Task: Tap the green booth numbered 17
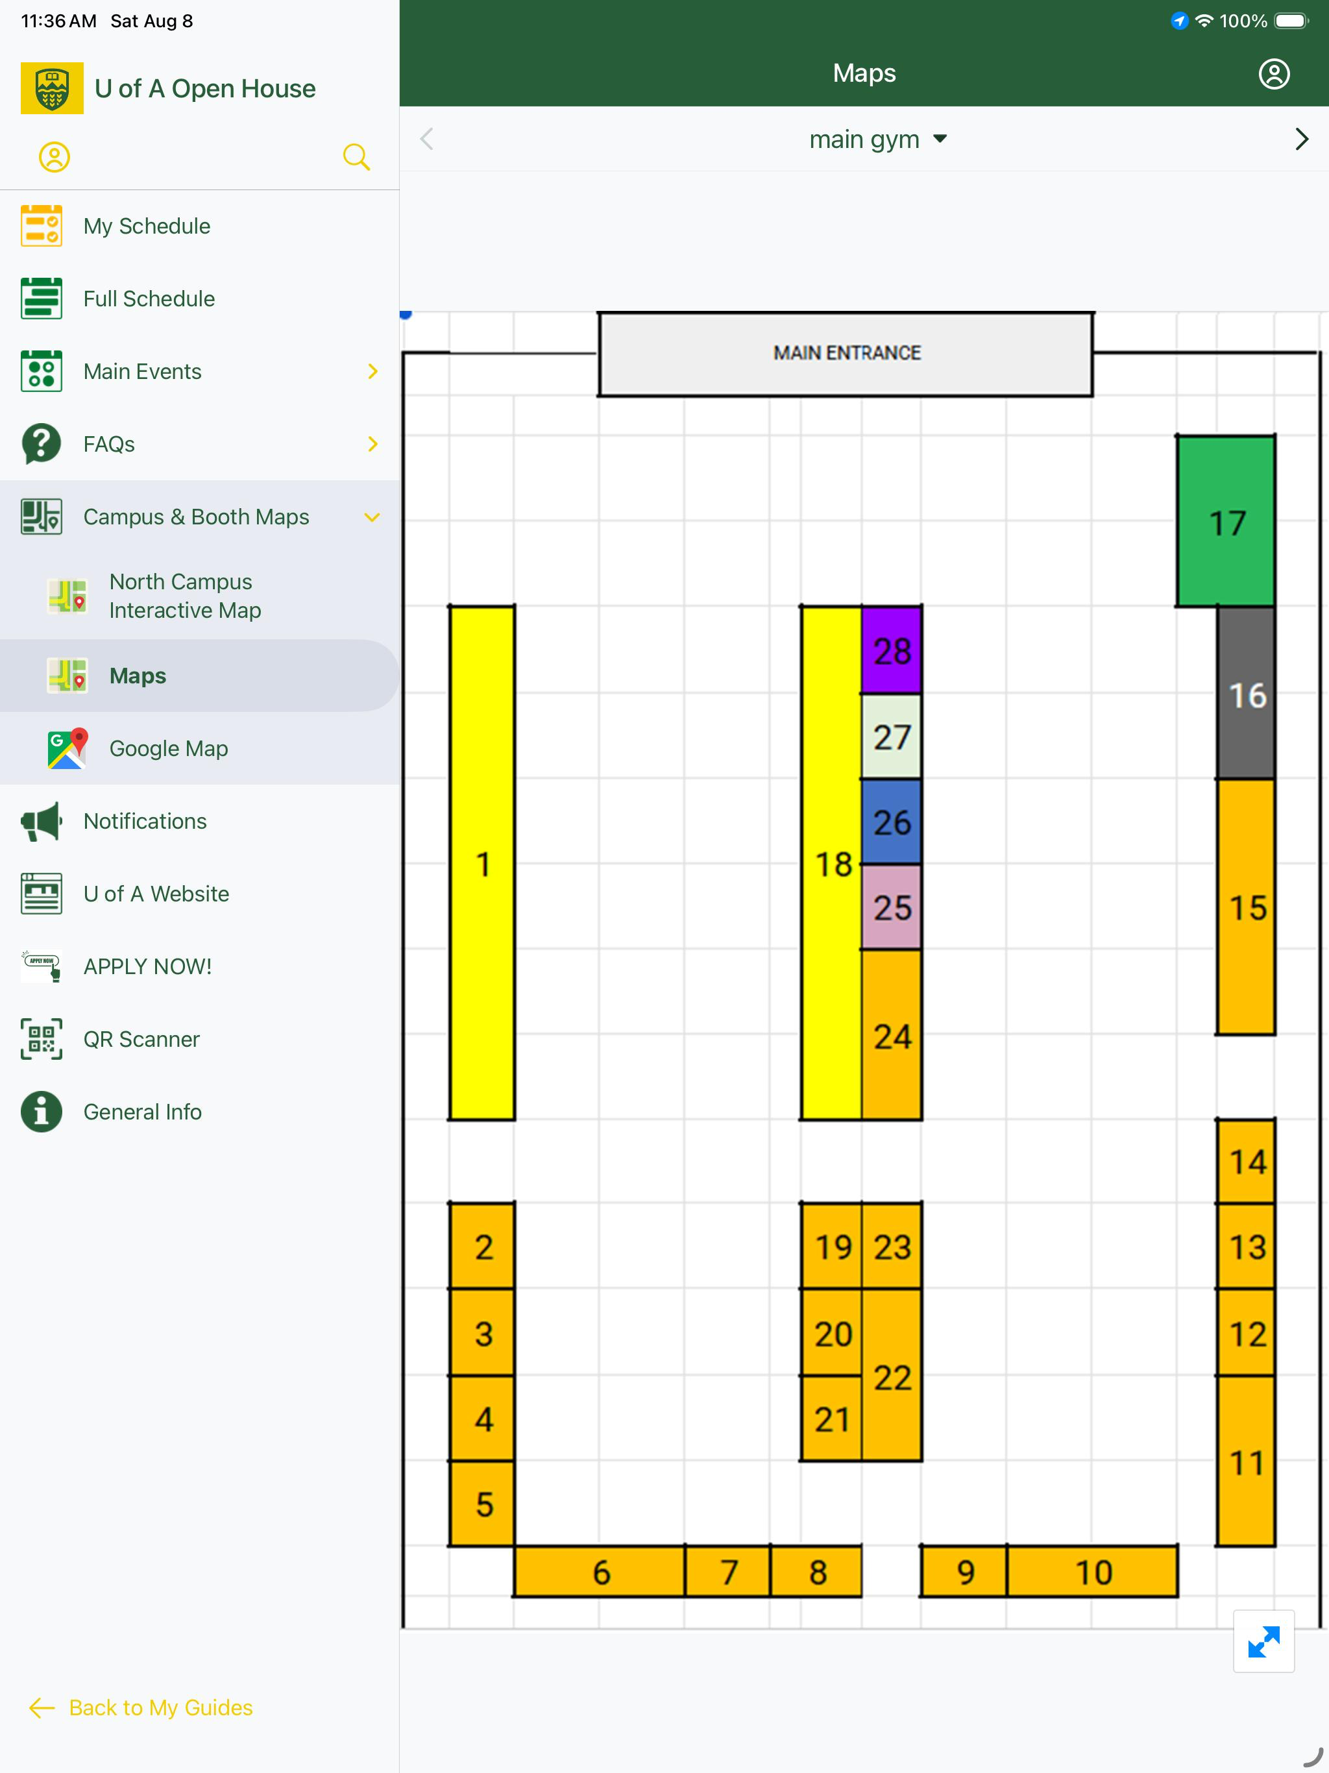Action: coord(1226,521)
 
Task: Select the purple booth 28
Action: coord(892,650)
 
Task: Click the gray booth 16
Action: coord(1246,693)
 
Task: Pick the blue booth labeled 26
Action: coord(892,822)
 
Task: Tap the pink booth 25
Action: coord(892,907)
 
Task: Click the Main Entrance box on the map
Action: coord(846,354)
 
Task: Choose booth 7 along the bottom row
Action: coord(728,1571)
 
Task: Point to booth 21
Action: coord(832,1418)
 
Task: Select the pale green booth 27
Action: coord(892,736)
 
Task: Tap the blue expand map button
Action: coord(1263,1641)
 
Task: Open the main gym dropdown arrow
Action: coord(940,139)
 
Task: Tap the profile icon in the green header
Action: coord(1274,74)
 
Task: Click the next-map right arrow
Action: coord(1302,140)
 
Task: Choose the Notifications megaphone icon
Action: coord(42,822)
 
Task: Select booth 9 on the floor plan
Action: coord(964,1571)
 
